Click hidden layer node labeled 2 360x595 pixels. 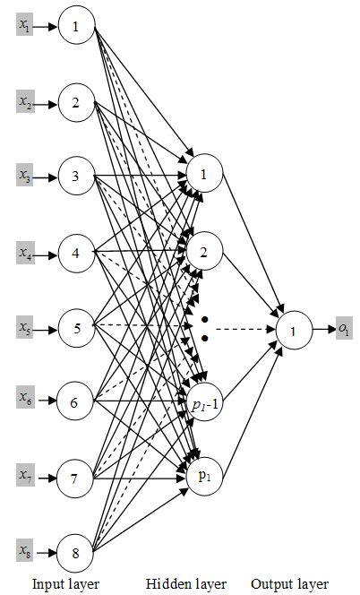coord(204,252)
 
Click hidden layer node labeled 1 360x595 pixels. coord(204,175)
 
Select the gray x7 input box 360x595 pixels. coord(24,471)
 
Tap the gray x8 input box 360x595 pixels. coord(24,548)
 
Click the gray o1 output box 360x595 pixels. coord(343,329)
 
